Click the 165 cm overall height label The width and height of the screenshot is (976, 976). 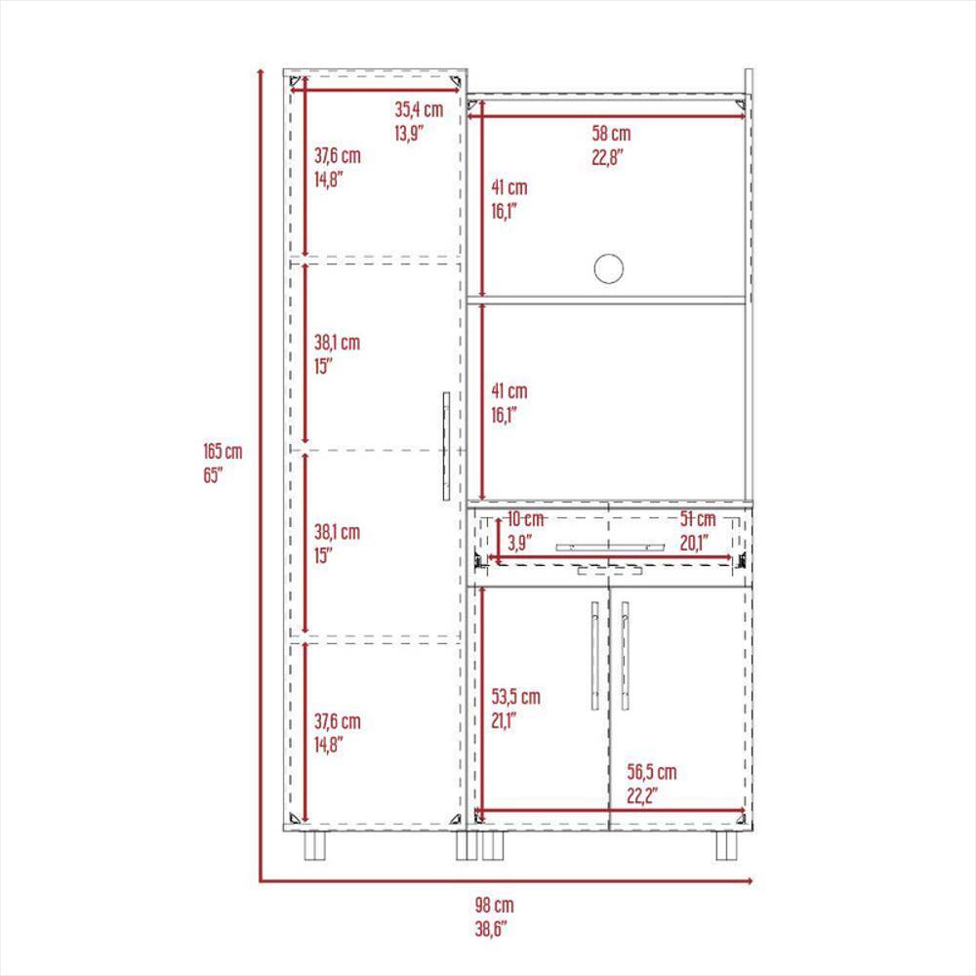pyautogui.click(x=223, y=451)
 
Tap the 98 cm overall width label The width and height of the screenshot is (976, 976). pyautogui.click(x=495, y=905)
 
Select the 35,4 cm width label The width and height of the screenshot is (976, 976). pyautogui.click(x=419, y=109)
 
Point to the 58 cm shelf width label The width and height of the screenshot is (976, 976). pyautogui.click(x=611, y=133)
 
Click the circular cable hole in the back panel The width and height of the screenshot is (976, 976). pyautogui.click(x=609, y=269)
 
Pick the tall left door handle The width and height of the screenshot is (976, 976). pyautogui.click(x=446, y=446)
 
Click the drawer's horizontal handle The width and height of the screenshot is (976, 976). pyautogui.click(x=610, y=548)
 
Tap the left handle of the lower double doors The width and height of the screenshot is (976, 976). pyautogui.click(x=594, y=656)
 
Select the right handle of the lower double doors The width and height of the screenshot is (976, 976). pyautogui.click(x=625, y=656)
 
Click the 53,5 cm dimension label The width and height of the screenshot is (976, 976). pyautogui.click(x=516, y=697)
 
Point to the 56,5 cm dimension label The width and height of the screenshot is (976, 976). pyautogui.click(x=652, y=772)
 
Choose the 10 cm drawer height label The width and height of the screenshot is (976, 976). pyautogui.click(x=525, y=518)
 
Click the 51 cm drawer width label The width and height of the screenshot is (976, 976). pyautogui.click(x=698, y=518)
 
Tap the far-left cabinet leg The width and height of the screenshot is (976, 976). pyautogui.click(x=315, y=845)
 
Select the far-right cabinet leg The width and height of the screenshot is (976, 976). pyautogui.click(x=727, y=845)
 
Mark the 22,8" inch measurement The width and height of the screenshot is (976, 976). pyautogui.click(x=607, y=157)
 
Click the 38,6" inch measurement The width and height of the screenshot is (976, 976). pyautogui.click(x=491, y=929)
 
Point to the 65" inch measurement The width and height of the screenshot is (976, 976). pyautogui.click(x=213, y=475)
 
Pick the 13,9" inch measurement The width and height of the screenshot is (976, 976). pyautogui.click(x=409, y=133)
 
